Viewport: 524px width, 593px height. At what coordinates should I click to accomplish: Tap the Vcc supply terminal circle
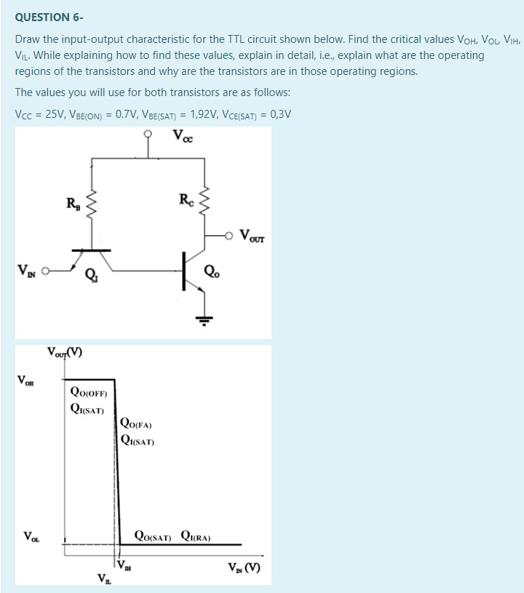[148, 134]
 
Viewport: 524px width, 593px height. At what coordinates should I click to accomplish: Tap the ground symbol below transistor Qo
[204, 321]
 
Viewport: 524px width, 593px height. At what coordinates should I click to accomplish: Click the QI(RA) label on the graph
[194, 538]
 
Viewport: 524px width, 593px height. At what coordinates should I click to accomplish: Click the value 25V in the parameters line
[55, 114]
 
